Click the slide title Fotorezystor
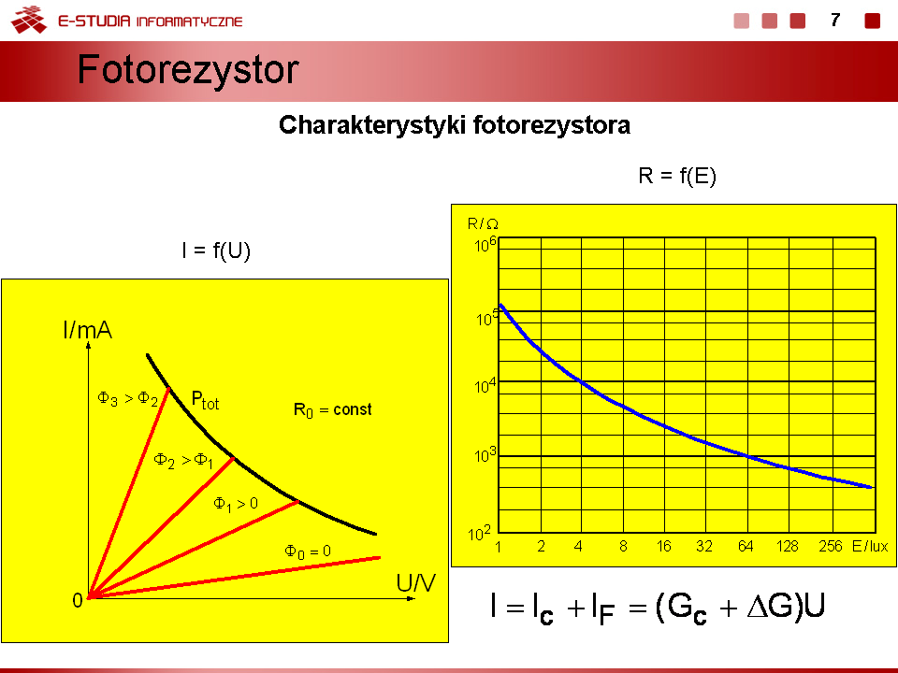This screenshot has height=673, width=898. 188,70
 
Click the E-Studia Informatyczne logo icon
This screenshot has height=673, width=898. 29,20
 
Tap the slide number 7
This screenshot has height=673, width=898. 835,21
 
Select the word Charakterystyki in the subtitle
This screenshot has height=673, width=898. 372,125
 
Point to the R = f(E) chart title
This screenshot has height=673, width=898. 677,176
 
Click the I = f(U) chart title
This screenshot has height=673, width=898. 216,251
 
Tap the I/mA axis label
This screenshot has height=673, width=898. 88,330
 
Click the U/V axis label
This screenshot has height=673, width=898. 415,582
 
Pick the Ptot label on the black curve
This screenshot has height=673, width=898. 205,399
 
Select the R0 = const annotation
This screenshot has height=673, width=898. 332,410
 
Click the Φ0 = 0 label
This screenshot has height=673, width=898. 308,551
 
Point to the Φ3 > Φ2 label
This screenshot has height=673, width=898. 128,398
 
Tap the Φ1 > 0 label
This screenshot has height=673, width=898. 236,504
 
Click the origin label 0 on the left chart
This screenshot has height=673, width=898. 78,600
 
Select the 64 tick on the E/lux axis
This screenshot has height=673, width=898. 746,547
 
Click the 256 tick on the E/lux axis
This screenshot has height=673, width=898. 831,547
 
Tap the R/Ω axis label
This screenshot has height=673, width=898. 483,223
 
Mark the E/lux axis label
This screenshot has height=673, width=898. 870,547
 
